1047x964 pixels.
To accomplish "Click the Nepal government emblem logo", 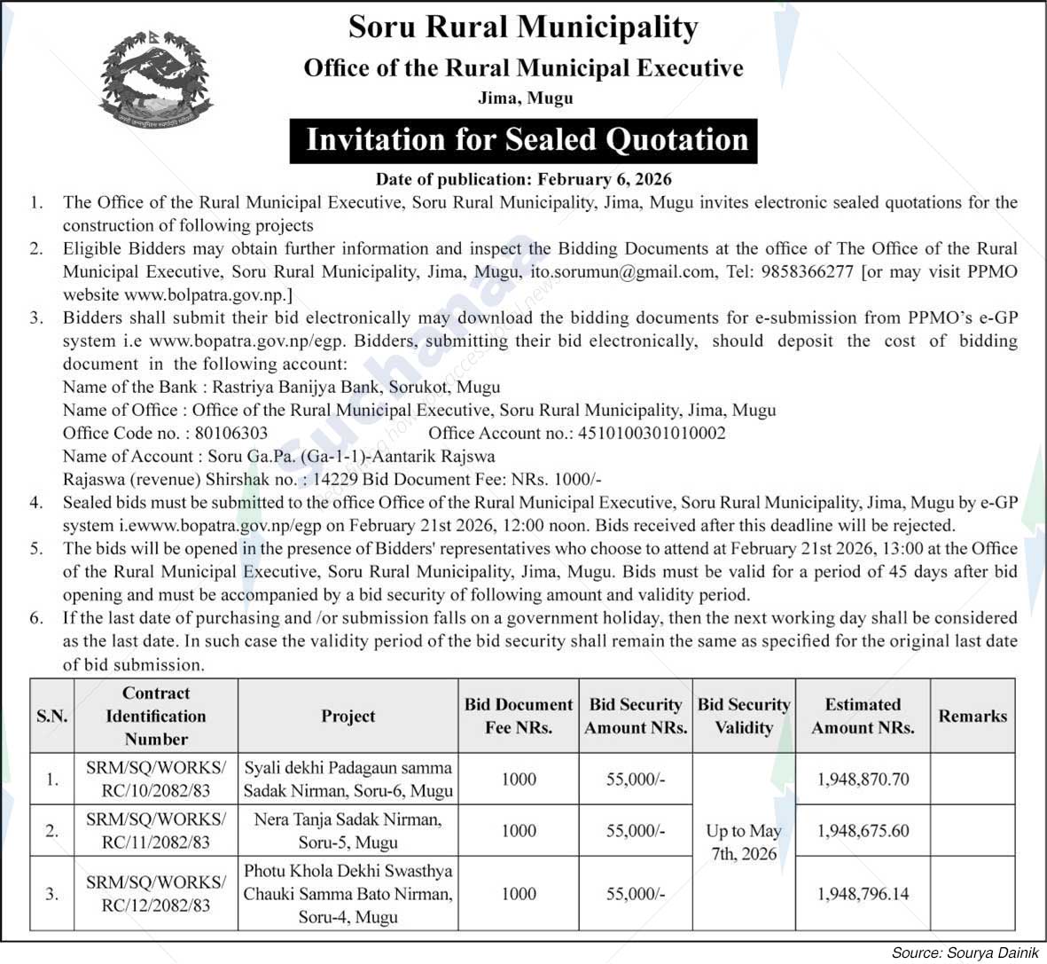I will (156, 79).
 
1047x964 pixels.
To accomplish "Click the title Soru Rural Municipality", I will (523, 27).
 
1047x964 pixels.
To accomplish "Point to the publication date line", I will (523, 179).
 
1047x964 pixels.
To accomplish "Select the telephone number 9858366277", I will (806, 271).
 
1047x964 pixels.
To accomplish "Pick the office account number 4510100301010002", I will (652, 433).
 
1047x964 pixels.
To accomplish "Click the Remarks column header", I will (973, 716).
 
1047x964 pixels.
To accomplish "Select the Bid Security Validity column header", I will (744, 716).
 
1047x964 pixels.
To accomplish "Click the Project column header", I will (348, 716).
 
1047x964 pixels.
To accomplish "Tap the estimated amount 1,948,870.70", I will (863, 780).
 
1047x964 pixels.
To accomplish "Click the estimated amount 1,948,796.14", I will (863, 894).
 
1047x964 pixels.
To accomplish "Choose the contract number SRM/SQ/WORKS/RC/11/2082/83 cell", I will (156, 831).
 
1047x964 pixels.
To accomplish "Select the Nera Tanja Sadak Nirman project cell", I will (348, 831).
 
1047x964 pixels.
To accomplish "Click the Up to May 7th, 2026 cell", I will (744, 843).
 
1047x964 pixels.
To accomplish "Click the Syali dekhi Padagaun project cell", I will (348, 780).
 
